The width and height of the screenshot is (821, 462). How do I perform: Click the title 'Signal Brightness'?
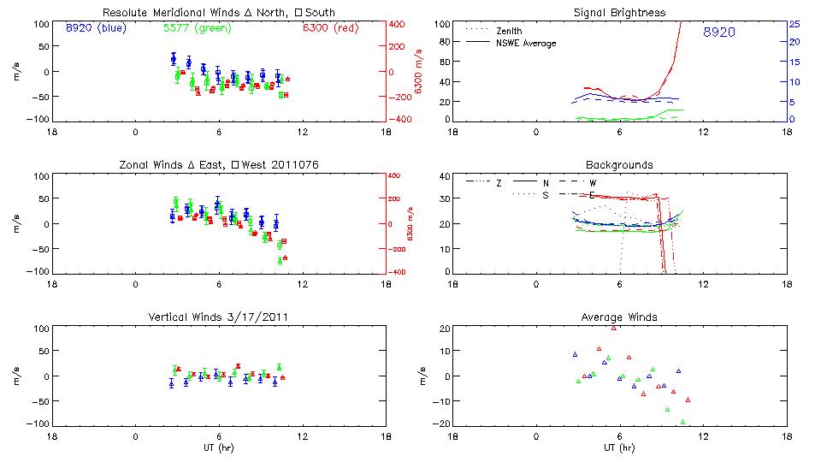click(x=620, y=13)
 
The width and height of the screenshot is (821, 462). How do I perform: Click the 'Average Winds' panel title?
click(x=620, y=317)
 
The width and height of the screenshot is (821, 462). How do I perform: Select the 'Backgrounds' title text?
click(x=620, y=164)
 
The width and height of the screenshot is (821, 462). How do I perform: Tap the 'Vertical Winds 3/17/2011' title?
click(x=219, y=317)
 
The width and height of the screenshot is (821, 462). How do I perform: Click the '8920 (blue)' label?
click(x=95, y=27)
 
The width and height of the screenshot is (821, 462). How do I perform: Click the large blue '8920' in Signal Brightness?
click(x=719, y=32)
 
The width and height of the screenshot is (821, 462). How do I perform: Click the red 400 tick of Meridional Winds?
click(x=399, y=24)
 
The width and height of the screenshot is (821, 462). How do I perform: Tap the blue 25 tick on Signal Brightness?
click(x=794, y=24)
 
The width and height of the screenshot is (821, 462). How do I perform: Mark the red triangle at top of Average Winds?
click(x=614, y=328)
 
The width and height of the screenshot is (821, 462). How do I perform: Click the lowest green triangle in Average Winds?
click(x=682, y=422)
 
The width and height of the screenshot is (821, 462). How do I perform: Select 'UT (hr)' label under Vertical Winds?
click(x=219, y=448)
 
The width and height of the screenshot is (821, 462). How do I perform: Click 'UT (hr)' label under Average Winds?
click(x=620, y=448)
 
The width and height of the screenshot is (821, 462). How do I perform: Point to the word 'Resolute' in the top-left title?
click(x=123, y=13)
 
